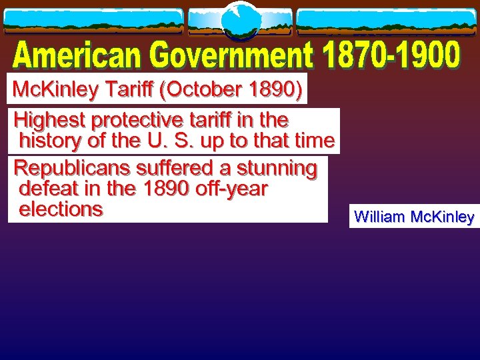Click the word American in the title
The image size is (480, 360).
pyautogui.click(x=79, y=56)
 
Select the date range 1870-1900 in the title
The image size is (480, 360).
pyautogui.click(x=393, y=56)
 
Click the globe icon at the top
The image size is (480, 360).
pyautogui.click(x=240, y=21)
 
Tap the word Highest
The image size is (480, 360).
pyautogui.click(x=51, y=121)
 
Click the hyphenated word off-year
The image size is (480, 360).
pyautogui.click(x=231, y=189)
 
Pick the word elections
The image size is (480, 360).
pyautogui.click(x=61, y=209)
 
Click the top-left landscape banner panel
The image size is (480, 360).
pyautogui.click(x=93, y=21)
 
